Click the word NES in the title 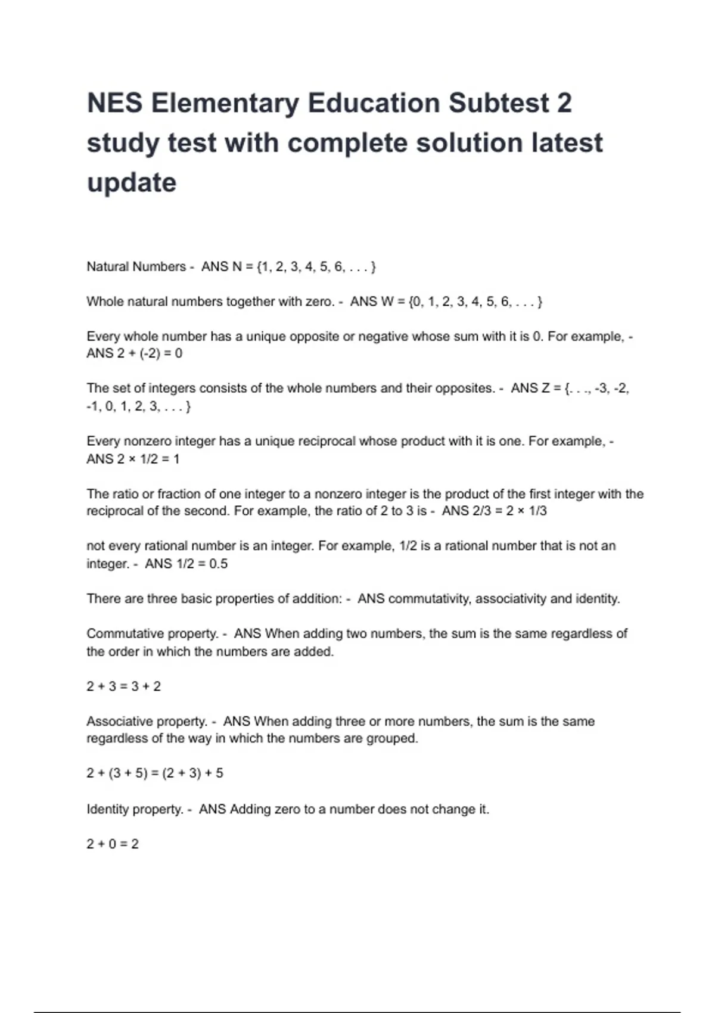(114, 103)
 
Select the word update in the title (132, 183)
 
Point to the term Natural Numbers (136, 266)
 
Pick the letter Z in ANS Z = (545, 388)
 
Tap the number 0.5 (218, 564)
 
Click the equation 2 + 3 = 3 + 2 (123, 686)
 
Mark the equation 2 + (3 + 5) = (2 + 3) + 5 (155, 773)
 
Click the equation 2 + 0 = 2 (112, 844)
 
